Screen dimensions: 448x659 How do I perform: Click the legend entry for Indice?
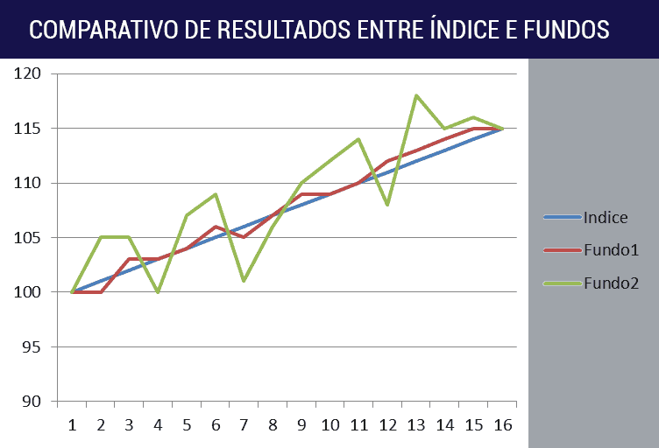point(606,218)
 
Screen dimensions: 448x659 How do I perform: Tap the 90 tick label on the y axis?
point(33,402)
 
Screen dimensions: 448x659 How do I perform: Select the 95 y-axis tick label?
point(33,347)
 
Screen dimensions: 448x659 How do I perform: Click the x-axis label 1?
point(72,425)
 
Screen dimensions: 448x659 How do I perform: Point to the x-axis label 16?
point(502,425)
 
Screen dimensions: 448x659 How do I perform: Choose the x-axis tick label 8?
point(273,425)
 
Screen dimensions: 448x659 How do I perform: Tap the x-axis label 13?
point(416,425)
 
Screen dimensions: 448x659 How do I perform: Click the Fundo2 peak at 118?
point(416,95)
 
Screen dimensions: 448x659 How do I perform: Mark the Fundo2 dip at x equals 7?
point(244,281)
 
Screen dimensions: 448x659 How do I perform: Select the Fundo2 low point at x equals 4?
point(158,292)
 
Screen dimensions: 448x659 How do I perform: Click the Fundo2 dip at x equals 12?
point(387,205)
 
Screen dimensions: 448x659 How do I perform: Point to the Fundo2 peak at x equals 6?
point(216,194)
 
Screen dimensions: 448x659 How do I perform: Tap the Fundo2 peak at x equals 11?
point(358,139)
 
